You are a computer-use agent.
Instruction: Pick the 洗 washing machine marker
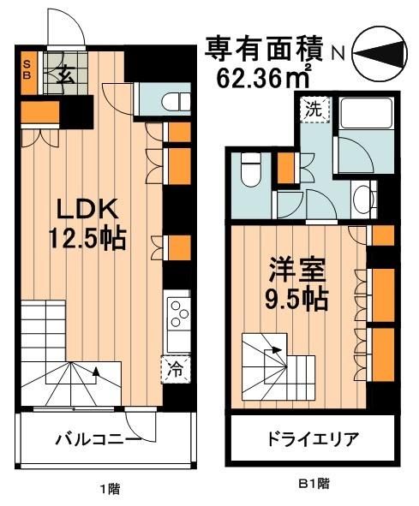tap(314, 110)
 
